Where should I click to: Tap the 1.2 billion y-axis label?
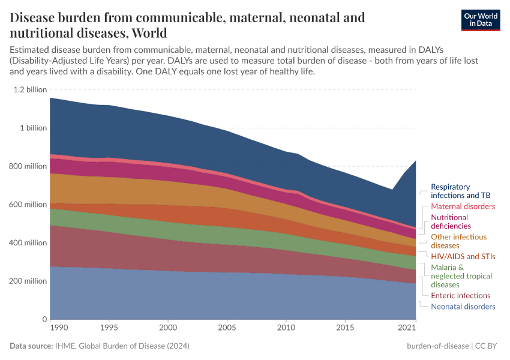click(29, 89)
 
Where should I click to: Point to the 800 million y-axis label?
click(28, 166)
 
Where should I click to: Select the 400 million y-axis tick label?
click(28, 243)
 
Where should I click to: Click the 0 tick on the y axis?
click(43, 319)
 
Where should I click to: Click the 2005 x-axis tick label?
click(227, 329)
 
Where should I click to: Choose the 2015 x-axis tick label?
click(345, 329)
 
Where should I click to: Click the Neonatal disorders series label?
click(463, 307)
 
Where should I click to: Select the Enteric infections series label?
click(461, 296)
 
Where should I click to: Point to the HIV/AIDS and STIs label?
click(463, 257)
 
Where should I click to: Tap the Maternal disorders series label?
click(463, 206)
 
